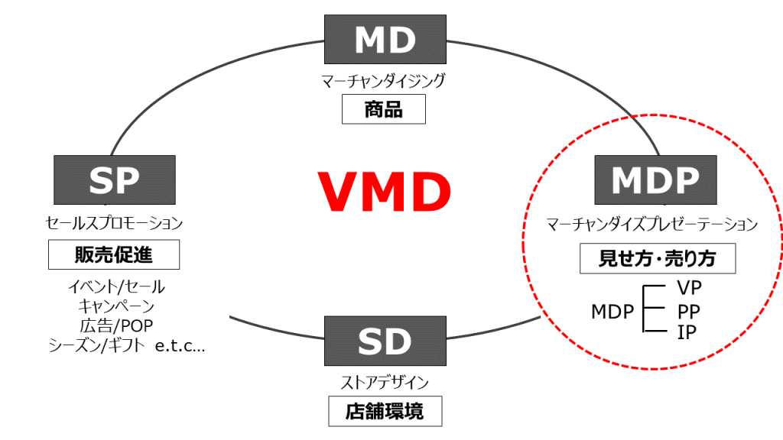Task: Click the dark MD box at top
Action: [x=384, y=40]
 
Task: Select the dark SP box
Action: [x=114, y=180]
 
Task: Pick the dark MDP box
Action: [x=655, y=180]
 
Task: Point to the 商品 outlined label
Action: [x=383, y=110]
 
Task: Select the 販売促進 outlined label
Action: [x=113, y=255]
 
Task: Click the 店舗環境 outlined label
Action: [x=385, y=412]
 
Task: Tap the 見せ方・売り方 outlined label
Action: [x=657, y=259]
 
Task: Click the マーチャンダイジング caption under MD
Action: [x=383, y=80]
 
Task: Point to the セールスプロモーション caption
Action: [x=114, y=224]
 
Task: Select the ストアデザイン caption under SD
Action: [x=385, y=382]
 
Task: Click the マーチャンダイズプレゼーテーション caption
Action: [x=651, y=225]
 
